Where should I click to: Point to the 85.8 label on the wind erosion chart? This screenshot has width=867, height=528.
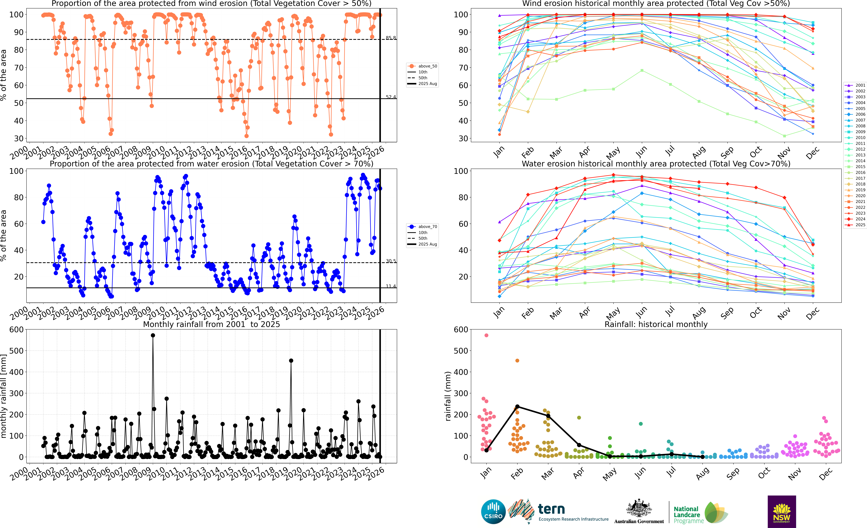tap(391, 38)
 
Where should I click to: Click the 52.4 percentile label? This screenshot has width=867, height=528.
tap(391, 97)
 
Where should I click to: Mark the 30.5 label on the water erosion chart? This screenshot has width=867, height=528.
tap(391, 261)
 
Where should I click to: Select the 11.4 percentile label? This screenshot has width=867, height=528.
tap(391, 286)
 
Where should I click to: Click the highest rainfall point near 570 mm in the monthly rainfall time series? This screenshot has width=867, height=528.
tap(153, 335)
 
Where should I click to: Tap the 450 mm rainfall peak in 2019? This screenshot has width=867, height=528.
tap(291, 360)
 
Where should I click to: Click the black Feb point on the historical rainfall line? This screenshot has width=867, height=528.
tap(517, 407)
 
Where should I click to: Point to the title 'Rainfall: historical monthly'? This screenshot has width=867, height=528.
tap(656, 324)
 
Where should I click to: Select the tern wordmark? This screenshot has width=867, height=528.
tap(551, 509)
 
